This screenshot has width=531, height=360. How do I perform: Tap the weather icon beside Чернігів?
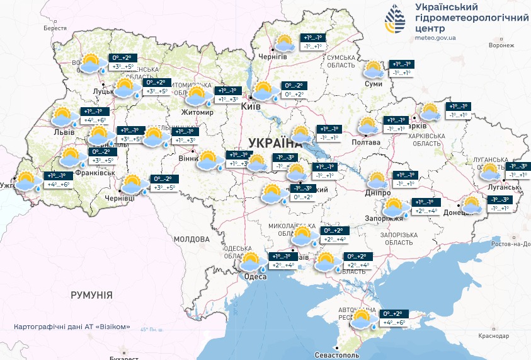tap(283, 43)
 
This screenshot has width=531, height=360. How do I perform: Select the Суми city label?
tap(374, 83)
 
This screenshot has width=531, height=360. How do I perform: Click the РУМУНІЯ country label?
tap(91, 294)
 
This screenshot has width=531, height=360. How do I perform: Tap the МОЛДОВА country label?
tap(191, 240)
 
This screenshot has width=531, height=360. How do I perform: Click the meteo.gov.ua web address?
tap(435, 38)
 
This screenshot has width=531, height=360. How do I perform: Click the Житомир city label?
tap(198, 113)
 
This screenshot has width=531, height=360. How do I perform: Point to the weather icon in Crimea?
tap(362, 319)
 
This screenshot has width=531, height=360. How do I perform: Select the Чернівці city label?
tap(120, 198)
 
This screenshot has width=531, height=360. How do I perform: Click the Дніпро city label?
tap(379, 193)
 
